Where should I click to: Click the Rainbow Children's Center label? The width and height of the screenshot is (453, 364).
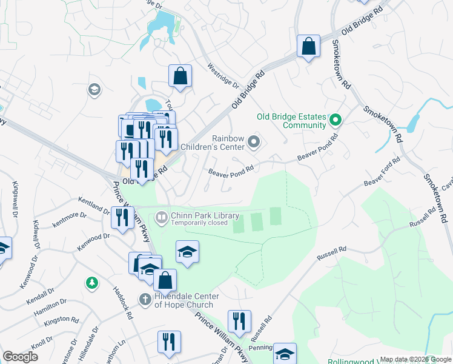228,143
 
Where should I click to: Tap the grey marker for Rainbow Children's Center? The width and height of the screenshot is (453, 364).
254,143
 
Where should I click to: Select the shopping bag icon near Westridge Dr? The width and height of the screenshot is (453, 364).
180,76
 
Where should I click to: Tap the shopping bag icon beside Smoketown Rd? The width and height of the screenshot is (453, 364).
308,45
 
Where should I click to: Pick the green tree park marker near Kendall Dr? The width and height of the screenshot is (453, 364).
91,283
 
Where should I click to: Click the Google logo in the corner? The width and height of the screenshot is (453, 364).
20,356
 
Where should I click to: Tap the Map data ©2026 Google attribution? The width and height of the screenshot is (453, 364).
415,359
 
